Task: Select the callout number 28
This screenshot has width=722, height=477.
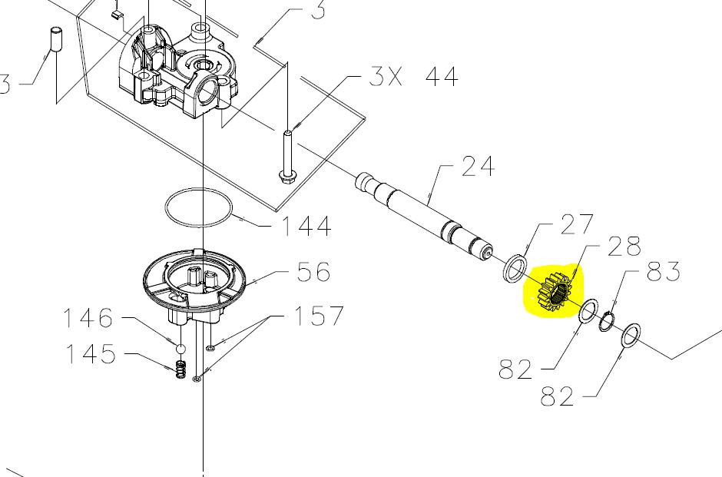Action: pyautogui.click(x=624, y=247)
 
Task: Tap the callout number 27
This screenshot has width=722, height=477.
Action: pyautogui.click(x=578, y=224)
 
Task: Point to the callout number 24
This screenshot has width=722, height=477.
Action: pyautogui.click(x=479, y=166)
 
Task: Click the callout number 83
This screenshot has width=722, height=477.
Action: pyautogui.click(x=664, y=271)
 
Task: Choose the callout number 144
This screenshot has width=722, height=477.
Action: pyautogui.click(x=306, y=226)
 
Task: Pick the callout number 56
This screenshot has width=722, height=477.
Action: pyautogui.click(x=313, y=272)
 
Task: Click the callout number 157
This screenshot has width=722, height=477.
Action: pyautogui.click(x=319, y=316)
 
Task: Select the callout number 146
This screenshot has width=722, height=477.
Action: pyautogui.click(x=88, y=318)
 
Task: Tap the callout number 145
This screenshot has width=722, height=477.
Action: pyautogui.click(x=91, y=353)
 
